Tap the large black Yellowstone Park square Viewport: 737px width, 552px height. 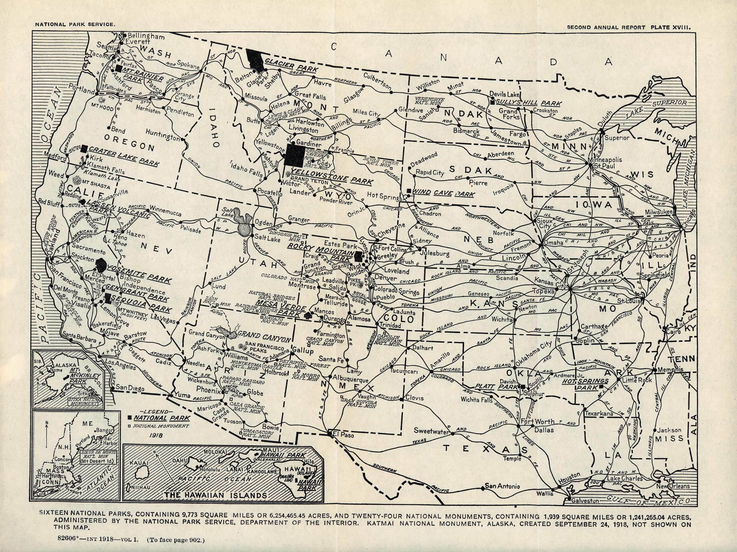pyautogui.click(x=295, y=155)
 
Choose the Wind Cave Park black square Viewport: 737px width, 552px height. pyautogui.click(x=409, y=191)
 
